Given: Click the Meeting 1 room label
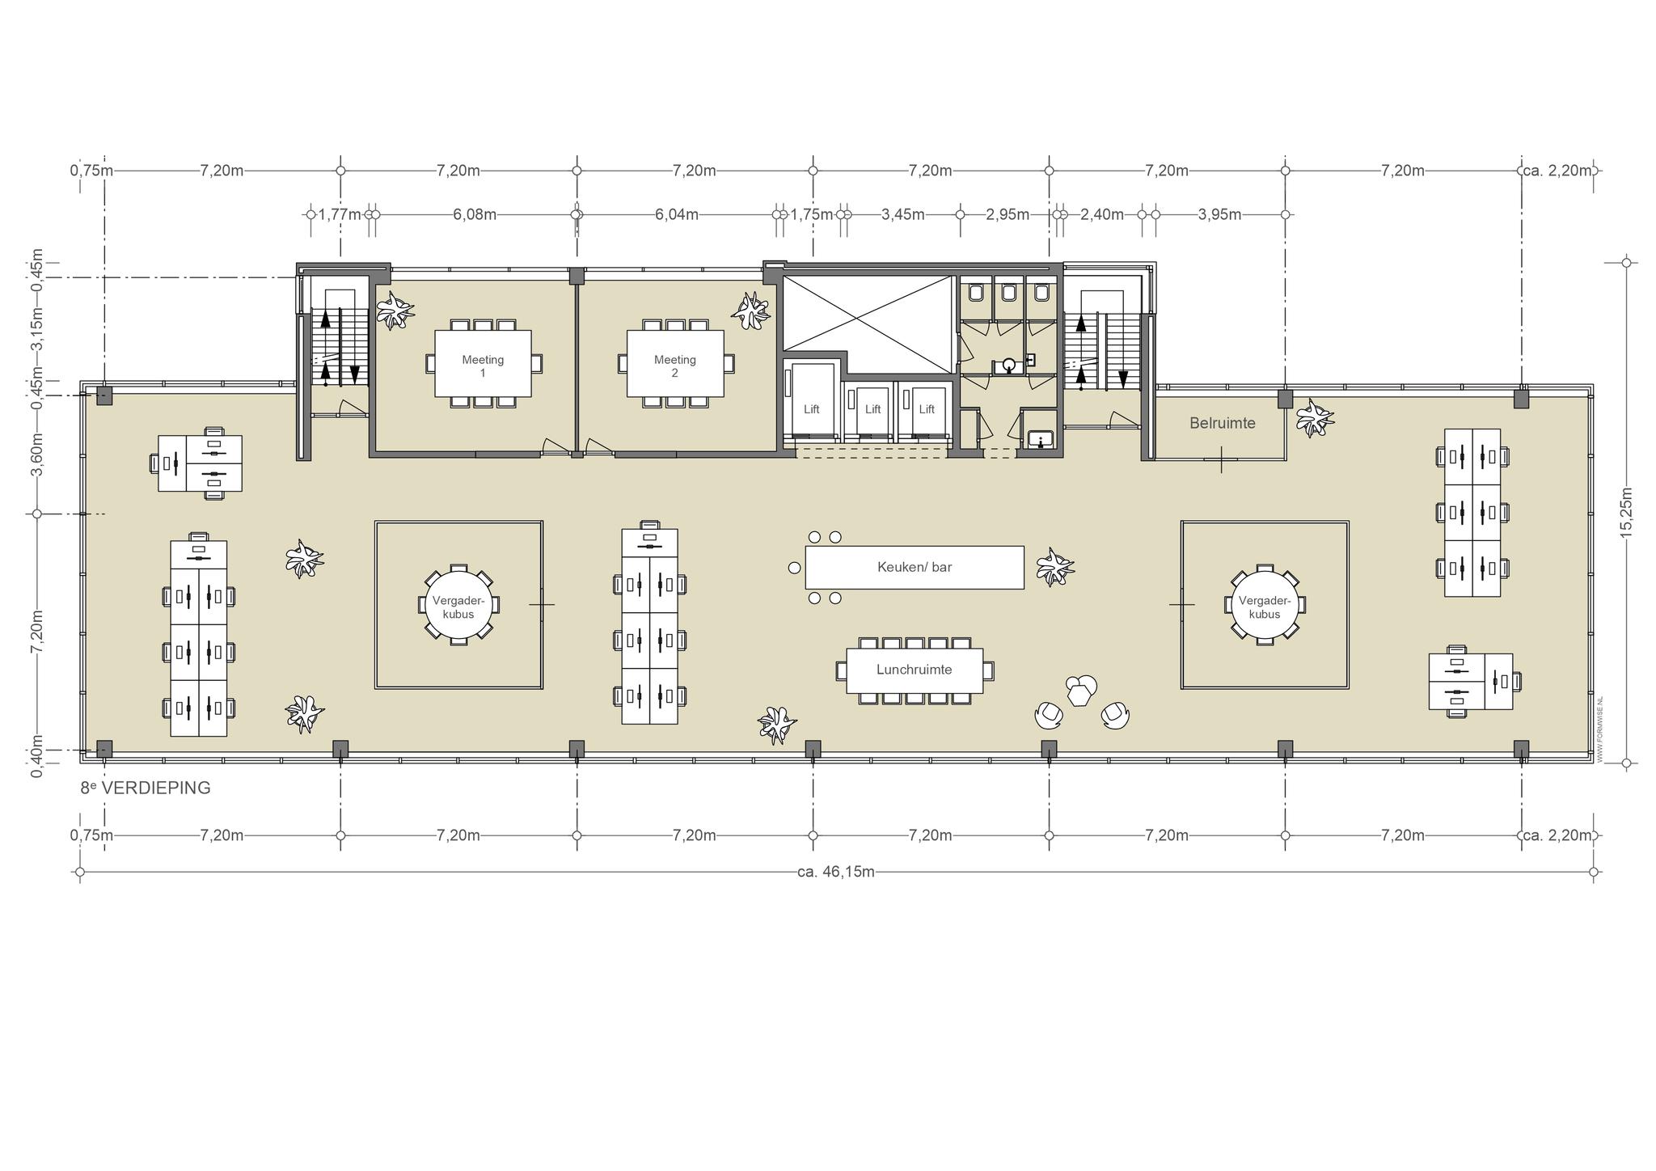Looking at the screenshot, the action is (483, 366).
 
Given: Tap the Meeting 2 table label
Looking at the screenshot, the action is (674, 366).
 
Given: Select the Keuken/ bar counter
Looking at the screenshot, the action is (915, 567).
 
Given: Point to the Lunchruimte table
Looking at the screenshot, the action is (915, 670).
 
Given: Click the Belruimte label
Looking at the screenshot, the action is (1222, 423).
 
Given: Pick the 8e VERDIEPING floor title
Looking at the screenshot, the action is (146, 788).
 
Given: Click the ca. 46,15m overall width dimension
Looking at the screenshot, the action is (835, 872).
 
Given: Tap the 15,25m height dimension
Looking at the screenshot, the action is (1626, 512).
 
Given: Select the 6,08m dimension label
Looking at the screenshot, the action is (475, 214).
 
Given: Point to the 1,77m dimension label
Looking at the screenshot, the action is (340, 214).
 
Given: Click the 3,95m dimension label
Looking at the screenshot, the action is (1219, 214).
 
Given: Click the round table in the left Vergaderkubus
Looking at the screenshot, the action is (458, 603).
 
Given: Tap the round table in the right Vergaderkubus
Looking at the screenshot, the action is (1265, 603).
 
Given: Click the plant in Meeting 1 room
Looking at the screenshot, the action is (395, 311).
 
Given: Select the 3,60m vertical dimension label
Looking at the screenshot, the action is (36, 454).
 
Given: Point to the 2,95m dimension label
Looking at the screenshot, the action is (1008, 214).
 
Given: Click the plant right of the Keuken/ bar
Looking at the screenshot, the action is (1054, 566).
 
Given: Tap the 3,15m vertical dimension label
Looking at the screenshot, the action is (36, 329).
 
